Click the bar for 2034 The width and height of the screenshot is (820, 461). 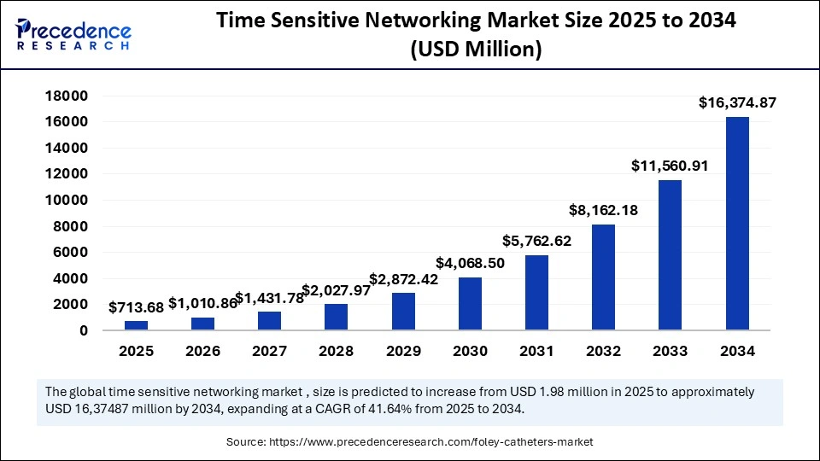pos(737,223)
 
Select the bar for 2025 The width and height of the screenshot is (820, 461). pos(137,324)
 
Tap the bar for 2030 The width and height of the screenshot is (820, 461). pos(470,303)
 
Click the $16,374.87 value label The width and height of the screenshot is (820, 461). pos(737,103)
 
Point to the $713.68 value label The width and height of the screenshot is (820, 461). pos(137,307)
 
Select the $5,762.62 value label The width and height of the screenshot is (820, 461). pos(537,242)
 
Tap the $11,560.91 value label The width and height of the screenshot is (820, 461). pos(671,166)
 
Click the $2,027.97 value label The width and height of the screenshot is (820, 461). pos(337,290)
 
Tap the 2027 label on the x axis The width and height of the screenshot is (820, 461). pos(270,352)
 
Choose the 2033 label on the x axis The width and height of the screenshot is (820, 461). pos(671,352)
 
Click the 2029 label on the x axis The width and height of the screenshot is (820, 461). pos(403,352)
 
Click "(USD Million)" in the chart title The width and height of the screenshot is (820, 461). pos(476,50)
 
